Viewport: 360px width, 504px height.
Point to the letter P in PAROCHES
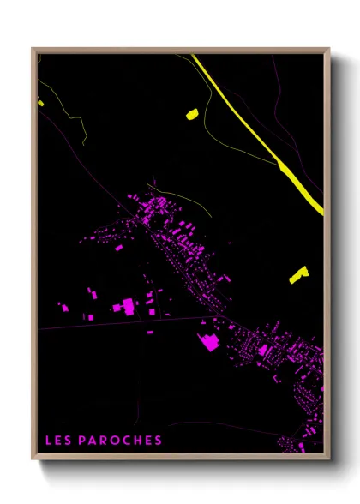coord(82,441)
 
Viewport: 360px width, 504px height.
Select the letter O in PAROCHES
coord(115,441)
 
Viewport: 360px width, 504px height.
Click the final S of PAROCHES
coord(158,441)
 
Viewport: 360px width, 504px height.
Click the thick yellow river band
coord(257,129)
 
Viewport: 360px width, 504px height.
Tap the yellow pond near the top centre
coord(191,112)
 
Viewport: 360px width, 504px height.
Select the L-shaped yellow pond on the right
coord(298,274)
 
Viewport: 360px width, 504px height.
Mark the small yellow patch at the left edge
coord(40,103)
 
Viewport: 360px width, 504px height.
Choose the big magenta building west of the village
coord(127,305)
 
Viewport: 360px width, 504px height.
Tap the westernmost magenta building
coord(62,305)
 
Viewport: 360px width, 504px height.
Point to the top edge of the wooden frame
coord(180,50)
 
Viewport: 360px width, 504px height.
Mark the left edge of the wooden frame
coord(33,257)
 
